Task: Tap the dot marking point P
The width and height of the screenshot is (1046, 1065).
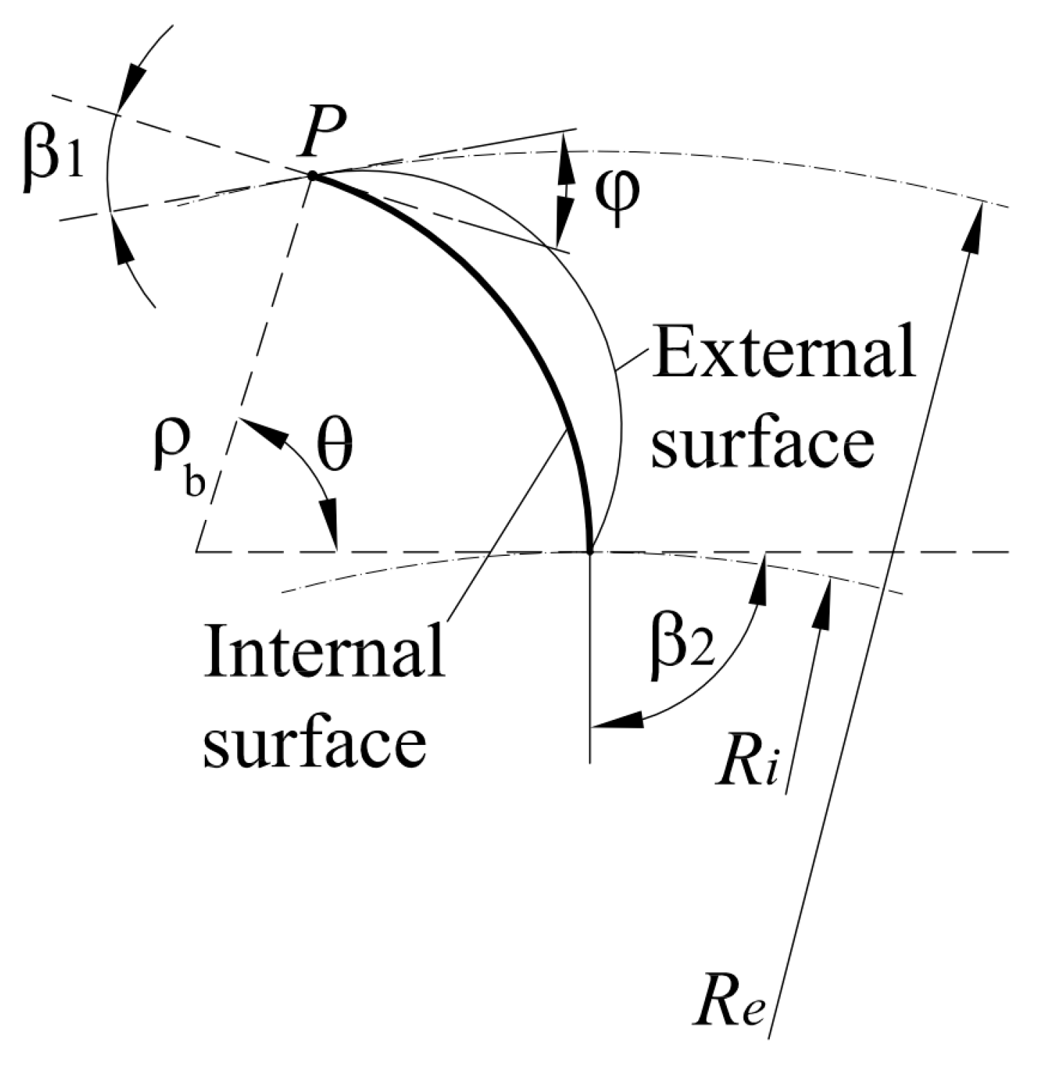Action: (312, 175)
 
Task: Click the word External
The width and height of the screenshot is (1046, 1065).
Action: (783, 356)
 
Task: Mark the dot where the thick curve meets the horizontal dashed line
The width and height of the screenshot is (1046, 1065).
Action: (589, 552)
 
